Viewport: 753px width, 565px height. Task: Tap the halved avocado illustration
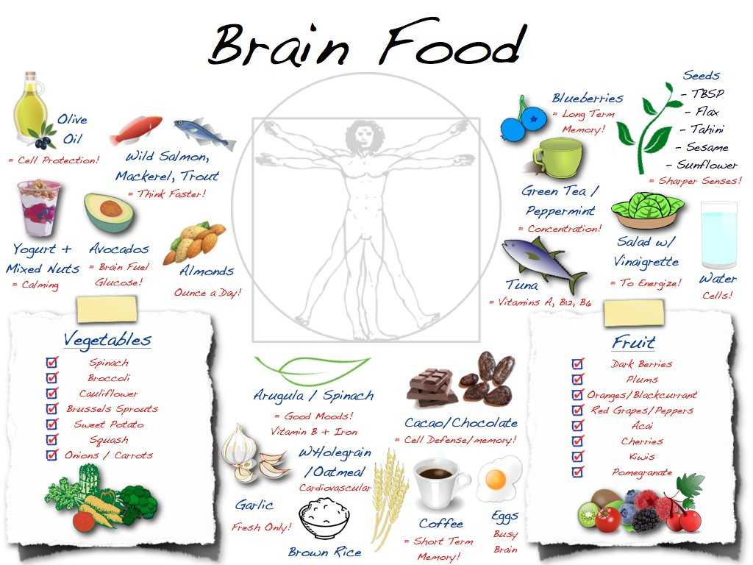click(x=109, y=213)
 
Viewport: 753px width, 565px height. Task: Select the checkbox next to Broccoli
click(x=52, y=377)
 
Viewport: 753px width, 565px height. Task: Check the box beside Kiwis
click(x=578, y=456)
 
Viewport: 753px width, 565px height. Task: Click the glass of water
click(x=718, y=235)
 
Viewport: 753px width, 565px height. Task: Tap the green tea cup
click(x=558, y=158)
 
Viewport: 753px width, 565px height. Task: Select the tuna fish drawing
click(x=543, y=263)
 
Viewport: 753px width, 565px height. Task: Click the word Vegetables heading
click(x=107, y=340)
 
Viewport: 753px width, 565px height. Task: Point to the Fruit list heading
click(x=633, y=343)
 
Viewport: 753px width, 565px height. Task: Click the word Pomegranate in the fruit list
click(x=642, y=473)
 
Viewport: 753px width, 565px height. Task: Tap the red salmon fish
click(x=136, y=129)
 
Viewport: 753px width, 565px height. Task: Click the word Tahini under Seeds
click(x=707, y=129)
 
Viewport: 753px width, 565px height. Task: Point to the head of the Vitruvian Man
click(x=363, y=136)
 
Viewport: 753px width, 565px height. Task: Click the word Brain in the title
click(x=279, y=45)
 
